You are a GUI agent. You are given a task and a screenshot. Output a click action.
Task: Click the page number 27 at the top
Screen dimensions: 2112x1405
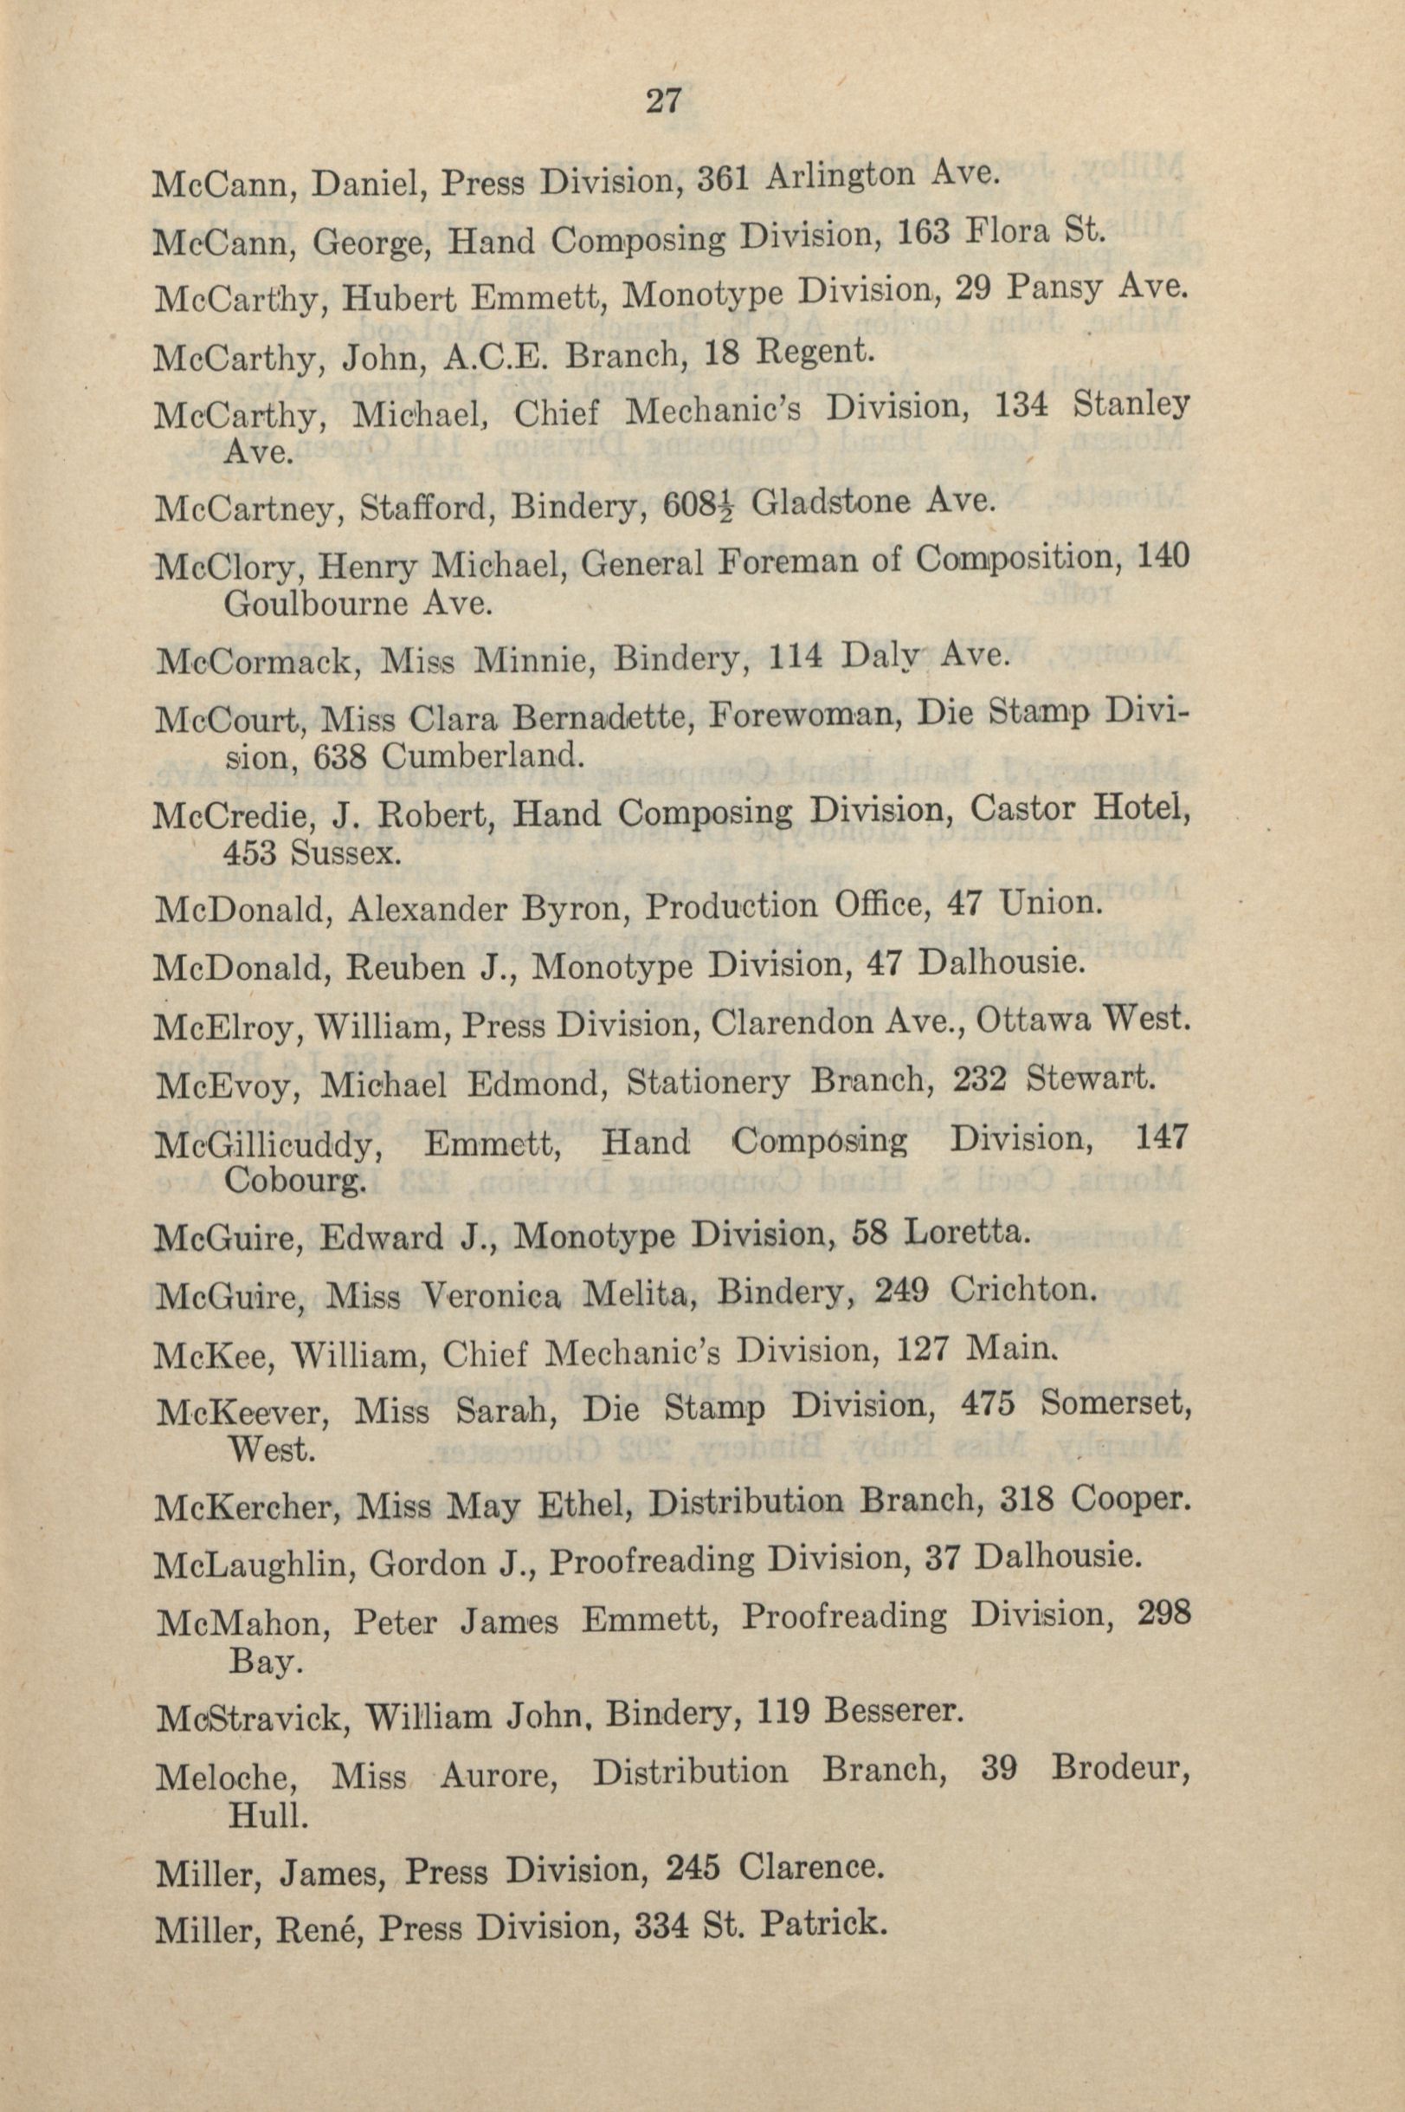point(664,101)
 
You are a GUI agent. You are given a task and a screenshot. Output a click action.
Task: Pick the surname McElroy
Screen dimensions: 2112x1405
point(224,1027)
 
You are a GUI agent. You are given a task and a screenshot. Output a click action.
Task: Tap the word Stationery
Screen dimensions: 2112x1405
point(708,1084)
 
